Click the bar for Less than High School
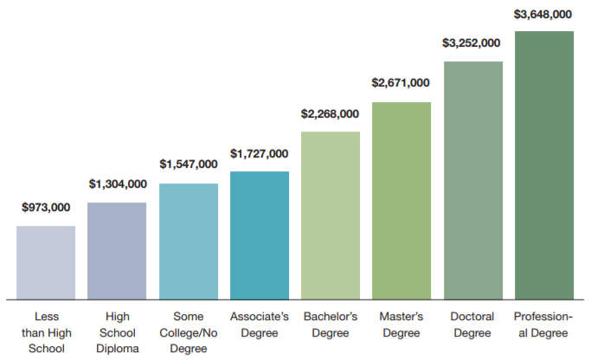click(46, 262)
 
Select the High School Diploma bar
click(117, 251)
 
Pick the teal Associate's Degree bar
click(260, 235)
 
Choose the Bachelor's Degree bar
click(331, 215)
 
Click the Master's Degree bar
click(401, 201)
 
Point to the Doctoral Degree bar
click(472, 180)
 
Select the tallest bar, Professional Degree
click(544, 165)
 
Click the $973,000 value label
click(46, 208)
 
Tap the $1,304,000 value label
click(117, 184)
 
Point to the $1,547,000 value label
click(188, 164)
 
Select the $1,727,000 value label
click(260, 153)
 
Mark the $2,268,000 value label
click(330, 113)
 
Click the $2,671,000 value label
click(401, 83)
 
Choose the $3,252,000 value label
click(472, 42)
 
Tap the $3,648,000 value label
click(543, 14)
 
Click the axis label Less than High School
click(46, 332)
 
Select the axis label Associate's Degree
click(260, 325)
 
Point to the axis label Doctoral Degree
click(472, 325)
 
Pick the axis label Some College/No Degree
click(188, 332)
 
